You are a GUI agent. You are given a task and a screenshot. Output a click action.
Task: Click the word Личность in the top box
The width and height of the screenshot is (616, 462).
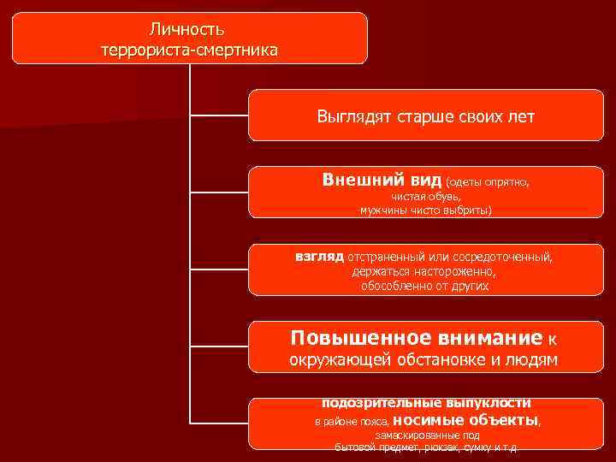(189, 30)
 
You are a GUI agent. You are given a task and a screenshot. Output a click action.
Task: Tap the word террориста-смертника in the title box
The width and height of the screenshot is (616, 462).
(189, 50)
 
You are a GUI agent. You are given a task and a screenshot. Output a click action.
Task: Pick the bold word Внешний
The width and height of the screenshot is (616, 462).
(354, 180)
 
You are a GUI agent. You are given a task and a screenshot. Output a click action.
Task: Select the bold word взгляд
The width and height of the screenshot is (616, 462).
(319, 256)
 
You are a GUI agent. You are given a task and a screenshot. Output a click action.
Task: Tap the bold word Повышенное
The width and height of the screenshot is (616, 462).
(350, 336)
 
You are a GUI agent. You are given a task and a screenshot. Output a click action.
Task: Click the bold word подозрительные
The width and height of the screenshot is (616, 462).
(376, 402)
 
